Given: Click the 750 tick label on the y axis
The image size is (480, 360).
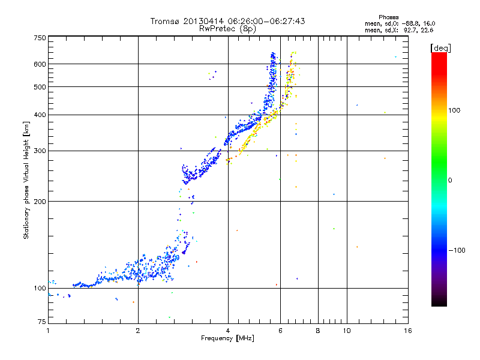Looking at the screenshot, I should pos(40,38).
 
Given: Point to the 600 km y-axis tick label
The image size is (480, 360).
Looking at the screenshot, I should pos(40,64).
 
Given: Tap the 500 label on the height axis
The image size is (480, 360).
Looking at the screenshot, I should pos(40,87).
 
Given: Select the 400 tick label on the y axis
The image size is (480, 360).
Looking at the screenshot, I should pos(40,115).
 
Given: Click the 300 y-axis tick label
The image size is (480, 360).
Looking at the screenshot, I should pos(40,151).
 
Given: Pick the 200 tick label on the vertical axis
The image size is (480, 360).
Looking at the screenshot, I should pos(40,202).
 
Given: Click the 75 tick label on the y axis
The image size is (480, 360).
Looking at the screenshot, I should pos(41,322).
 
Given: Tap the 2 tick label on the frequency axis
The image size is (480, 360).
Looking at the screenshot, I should pos(138,331).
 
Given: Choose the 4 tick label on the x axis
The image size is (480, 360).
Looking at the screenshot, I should pos(228,331).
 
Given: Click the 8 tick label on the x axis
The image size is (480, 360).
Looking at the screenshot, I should pos(318,331).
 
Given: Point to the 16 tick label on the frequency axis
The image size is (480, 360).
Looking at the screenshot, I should pos(408,331).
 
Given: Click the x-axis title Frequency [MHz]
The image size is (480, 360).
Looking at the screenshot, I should pos(227,338).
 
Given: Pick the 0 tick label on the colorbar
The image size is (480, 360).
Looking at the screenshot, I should pos(450,180).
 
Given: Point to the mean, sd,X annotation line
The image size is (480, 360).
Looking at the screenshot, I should pos(398,29).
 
